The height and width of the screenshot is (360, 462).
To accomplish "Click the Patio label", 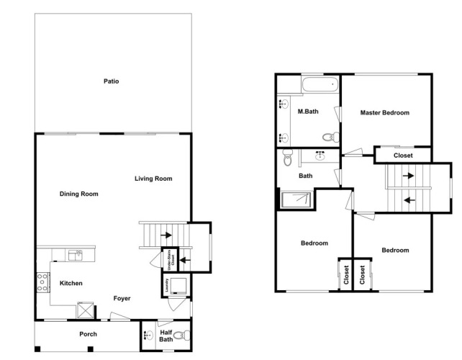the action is point(111,81).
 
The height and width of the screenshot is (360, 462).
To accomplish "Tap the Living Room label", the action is point(153,179).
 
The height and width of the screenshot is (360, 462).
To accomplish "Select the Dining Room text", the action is point(78,194).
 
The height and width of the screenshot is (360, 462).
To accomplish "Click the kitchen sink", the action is point(76,256).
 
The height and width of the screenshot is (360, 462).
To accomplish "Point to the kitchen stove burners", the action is point(42,282).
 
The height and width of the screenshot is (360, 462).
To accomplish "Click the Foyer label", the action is point(122,298).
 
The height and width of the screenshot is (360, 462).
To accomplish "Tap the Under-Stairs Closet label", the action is point(171,259).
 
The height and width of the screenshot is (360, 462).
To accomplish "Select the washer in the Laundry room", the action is point(178,285).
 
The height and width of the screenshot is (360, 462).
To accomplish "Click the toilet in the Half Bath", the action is point(182,335).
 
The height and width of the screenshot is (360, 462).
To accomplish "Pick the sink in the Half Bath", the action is point(148,336).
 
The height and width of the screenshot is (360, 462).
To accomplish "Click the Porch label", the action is point(88,334).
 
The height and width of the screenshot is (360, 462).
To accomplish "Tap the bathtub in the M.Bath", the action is point(320,84).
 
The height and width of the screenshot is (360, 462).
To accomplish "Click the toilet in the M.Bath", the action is point(331,137).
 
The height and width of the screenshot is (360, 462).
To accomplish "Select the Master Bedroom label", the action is point(385,112).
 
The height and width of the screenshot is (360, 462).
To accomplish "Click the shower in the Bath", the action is point(296,200).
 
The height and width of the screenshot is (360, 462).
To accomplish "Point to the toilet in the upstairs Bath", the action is point(288,157).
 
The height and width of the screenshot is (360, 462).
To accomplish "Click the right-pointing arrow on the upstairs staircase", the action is point(408,176).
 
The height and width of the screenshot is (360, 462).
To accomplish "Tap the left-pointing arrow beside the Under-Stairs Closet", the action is point(185,260).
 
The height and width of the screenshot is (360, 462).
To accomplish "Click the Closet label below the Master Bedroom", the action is point(403,156).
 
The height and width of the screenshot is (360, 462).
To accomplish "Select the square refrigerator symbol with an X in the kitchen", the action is point(85,310).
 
